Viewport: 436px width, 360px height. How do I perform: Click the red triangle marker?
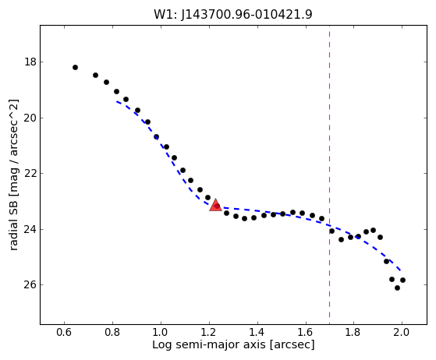(215, 205)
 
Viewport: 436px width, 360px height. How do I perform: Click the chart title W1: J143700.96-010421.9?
(233, 14)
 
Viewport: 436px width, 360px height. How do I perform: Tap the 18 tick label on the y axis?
(30, 62)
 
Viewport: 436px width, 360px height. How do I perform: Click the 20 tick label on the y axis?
(30, 118)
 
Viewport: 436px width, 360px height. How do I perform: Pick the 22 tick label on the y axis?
(30, 173)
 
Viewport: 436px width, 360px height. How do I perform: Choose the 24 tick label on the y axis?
(30, 229)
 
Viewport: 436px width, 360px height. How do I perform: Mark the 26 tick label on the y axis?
(30, 285)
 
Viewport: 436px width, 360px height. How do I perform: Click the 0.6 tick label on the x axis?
(64, 332)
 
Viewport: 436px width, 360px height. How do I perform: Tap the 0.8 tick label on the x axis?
(112, 332)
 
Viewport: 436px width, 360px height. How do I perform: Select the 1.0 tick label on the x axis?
(161, 332)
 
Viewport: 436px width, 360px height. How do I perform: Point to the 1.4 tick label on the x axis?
(257, 332)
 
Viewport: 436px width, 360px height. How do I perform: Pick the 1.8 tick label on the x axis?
(353, 332)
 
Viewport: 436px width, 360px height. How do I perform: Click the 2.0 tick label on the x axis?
(402, 332)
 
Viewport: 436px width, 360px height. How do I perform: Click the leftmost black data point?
(75, 67)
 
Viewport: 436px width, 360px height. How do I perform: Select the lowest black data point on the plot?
(397, 288)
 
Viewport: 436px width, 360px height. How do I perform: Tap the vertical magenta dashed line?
(329, 175)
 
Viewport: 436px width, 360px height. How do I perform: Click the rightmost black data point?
(402, 280)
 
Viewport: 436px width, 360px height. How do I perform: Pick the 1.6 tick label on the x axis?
(305, 332)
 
